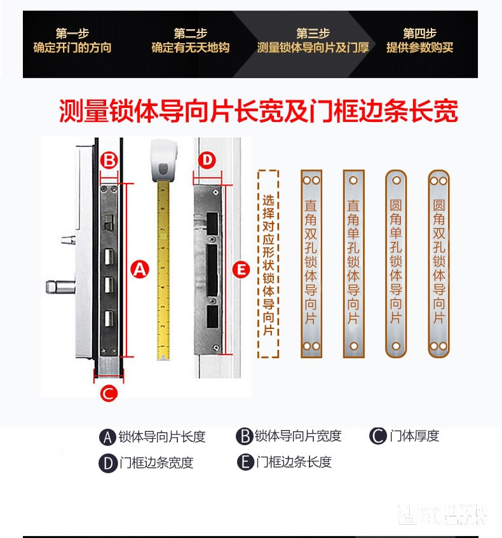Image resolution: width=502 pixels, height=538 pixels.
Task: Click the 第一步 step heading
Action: pyautogui.click(x=72, y=34)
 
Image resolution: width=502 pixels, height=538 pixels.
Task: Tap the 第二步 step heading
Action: pyautogui.click(x=190, y=34)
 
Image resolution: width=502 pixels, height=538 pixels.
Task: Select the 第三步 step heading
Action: pyautogui.click(x=312, y=34)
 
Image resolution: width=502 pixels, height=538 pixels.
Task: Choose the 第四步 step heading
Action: pyautogui.click(x=419, y=34)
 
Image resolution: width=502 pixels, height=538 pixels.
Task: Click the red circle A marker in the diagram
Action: pyautogui.click(x=140, y=269)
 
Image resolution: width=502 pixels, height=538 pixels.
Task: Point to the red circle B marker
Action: pyautogui.click(x=109, y=160)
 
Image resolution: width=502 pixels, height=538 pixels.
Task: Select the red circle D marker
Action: pyautogui.click(x=207, y=160)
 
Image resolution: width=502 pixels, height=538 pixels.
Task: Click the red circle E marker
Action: pyautogui.click(x=240, y=269)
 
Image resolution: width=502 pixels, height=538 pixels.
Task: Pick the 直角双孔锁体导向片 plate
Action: pyautogui.click(x=311, y=263)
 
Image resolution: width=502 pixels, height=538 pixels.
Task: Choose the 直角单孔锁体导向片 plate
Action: pyautogui.click(x=353, y=263)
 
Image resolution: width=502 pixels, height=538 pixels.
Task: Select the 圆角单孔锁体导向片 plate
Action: pyautogui.click(x=396, y=263)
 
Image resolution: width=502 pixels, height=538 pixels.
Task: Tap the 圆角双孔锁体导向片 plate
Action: pyautogui.click(x=438, y=263)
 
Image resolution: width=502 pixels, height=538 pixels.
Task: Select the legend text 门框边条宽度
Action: pyautogui.click(x=156, y=463)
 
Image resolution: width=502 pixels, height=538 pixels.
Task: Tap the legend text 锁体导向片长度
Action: pyautogui.click(x=162, y=436)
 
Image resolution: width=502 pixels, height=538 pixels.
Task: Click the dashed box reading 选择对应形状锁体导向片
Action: pyautogui.click(x=268, y=263)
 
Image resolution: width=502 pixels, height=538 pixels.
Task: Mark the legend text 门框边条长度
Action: pyautogui.click(x=294, y=462)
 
